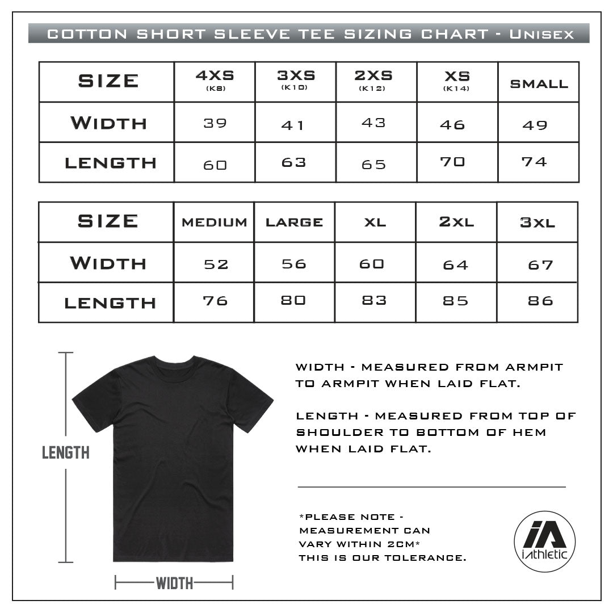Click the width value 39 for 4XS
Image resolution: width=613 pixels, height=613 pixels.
[x=215, y=123]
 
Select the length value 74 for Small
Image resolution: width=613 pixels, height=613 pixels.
[x=534, y=162]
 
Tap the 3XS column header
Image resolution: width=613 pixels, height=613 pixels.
[x=296, y=79]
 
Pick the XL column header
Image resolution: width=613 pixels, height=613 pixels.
[x=375, y=222]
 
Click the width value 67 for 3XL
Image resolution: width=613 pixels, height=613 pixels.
[x=540, y=264]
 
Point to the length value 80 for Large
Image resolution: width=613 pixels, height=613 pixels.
[x=293, y=300]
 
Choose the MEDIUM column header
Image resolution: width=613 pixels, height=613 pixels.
[x=215, y=222]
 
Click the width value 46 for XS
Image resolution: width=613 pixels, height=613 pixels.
[x=452, y=124]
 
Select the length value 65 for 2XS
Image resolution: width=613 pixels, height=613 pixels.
[x=373, y=165]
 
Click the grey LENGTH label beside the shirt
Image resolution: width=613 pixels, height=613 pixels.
[x=66, y=452]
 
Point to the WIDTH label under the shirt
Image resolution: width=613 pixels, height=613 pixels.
[x=174, y=582]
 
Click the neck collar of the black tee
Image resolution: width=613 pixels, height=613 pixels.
[x=174, y=361]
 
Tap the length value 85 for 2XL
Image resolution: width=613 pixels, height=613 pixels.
[x=455, y=301]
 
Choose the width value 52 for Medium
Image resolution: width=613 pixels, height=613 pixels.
[x=216, y=264]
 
